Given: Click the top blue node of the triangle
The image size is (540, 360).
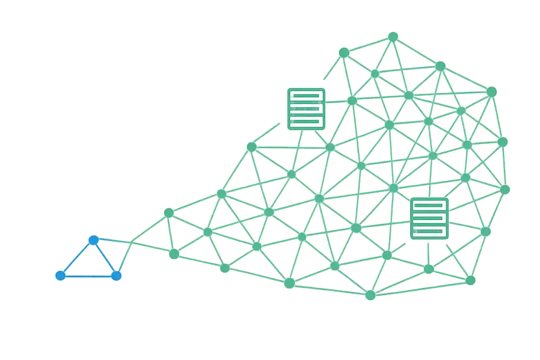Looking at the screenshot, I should [x=93, y=240].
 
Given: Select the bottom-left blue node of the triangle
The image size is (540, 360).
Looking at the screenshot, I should [x=60, y=276].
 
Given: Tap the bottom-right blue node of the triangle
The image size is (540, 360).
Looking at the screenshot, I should [x=116, y=276].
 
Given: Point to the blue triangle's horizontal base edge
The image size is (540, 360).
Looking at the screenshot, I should [x=88, y=277].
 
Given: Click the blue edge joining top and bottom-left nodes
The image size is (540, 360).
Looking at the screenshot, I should [x=77, y=258].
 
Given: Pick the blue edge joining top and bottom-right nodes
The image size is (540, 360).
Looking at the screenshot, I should [x=105, y=258].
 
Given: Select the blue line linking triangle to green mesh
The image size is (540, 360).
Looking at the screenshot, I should [x=112, y=241].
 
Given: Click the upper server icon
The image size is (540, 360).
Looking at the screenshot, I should [x=306, y=109].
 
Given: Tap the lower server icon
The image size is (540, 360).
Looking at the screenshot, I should [x=429, y=219].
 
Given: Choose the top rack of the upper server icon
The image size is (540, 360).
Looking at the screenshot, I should [x=306, y=96].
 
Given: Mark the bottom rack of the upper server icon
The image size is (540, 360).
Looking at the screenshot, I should [x=306, y=122].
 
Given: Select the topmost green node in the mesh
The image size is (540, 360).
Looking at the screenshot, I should [x=393, y=37].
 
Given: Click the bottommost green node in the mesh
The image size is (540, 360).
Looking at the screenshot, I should [x=370, y=295].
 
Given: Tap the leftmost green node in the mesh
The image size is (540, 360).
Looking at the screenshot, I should [x=169, y=213].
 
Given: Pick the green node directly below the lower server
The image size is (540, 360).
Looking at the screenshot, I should [x=429, y=269].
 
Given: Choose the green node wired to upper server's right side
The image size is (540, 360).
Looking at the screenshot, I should [x=352, y=101].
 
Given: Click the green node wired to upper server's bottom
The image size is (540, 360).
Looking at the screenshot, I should [x=291, y=174].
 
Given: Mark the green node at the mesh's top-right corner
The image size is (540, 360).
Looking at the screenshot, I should [x=491, y=92].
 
